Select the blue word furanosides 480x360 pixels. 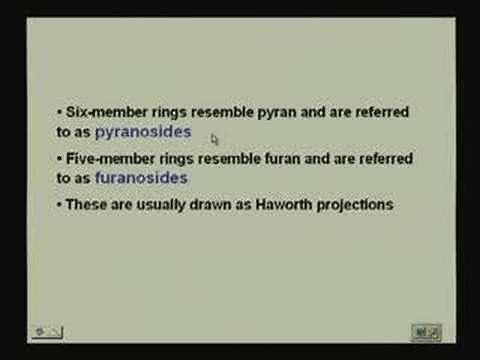click(x=141, y=179)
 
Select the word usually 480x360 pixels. click(x=159, y=205)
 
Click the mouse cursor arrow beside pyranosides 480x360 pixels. click(x=215, y=139)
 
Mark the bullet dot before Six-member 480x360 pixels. click(x=59, y=112)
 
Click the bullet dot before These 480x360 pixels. click(x=59, y=205)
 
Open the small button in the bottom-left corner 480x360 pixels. click(x=47, y=332)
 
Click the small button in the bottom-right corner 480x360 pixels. click(x=426, y=331)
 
